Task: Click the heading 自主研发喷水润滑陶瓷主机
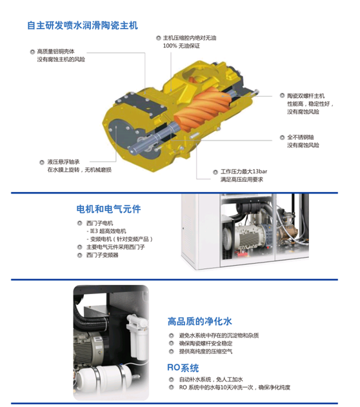click(83, 25)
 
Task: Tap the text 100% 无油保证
click(181, 46)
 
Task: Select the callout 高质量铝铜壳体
click(55, 52)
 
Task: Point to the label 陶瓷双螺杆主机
click(306, 95)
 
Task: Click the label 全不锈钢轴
click(300, 137)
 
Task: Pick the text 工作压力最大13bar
click(243, 172)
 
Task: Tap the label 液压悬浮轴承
click(63, 162)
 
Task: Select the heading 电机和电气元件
click(108, 209)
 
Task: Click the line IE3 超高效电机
click(108, 231)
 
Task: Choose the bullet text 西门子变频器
click(103, 255)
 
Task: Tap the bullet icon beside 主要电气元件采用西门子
click(80, 247)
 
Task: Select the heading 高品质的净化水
click(199, 321)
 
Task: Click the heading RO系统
click(183, 368)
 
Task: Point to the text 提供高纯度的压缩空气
click(205, 352)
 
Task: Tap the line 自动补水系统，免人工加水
click(211, 379)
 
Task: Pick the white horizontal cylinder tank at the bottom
click(104, 379)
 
